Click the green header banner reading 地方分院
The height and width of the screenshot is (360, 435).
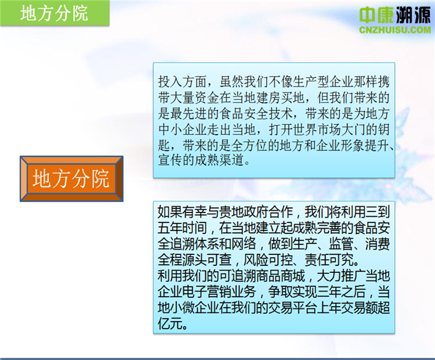tap(55, 13)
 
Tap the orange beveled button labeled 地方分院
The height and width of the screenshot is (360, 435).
tap(71, 179)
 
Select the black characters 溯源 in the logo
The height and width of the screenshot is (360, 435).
tap(413, 15)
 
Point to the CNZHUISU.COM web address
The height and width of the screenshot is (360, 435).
tap(395, 30)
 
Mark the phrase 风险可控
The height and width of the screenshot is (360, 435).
tap(268, 260)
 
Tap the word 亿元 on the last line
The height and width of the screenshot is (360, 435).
tap(170, 323)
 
